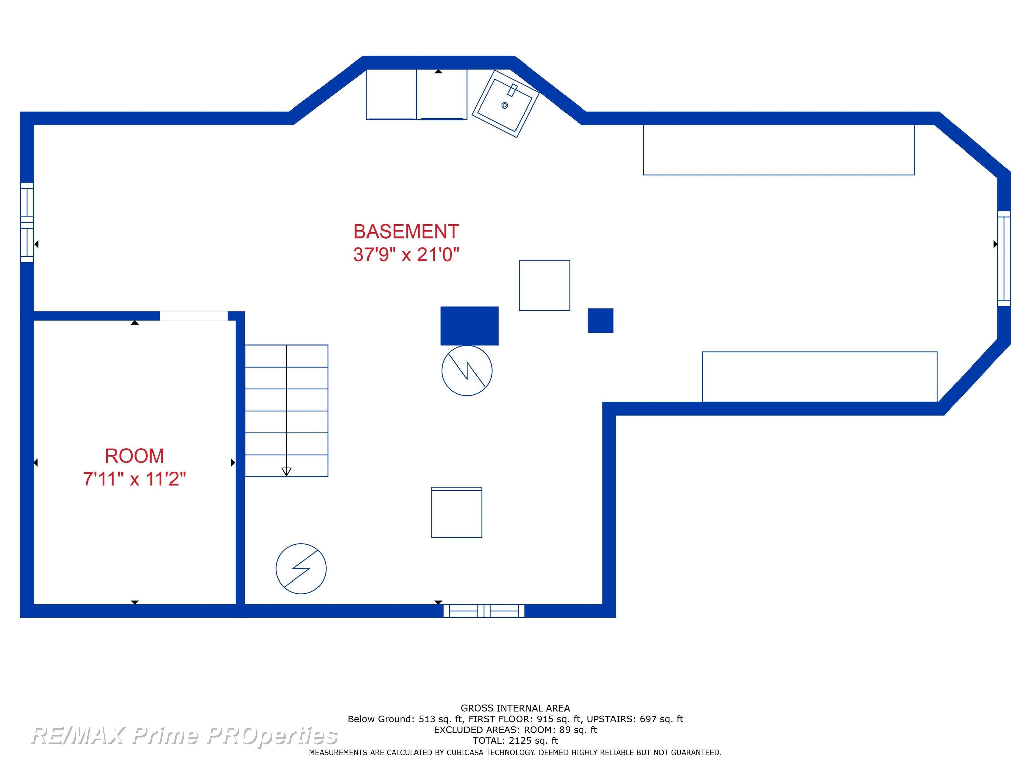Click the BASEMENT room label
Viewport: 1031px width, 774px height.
coord(406,231)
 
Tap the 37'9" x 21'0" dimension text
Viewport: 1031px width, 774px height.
coord(406,254)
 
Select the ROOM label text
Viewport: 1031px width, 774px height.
coord(134,456)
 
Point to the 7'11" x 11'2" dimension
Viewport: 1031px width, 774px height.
coord(134,479)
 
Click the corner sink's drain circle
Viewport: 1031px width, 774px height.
coord(504,105)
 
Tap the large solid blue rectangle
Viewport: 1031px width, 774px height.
coord(470,326)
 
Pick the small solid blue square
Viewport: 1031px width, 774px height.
coord(600,320)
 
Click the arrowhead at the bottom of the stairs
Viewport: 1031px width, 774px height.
coord(286,472)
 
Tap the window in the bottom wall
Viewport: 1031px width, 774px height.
coord(484,611)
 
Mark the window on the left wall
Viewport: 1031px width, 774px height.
coord(27,222)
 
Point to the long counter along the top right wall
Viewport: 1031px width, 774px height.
coord(778,150)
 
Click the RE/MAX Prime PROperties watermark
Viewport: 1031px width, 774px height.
coord(184,736)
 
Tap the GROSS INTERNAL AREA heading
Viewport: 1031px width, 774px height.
coord(515,708)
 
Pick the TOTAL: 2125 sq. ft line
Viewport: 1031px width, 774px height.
coord(515,740)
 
